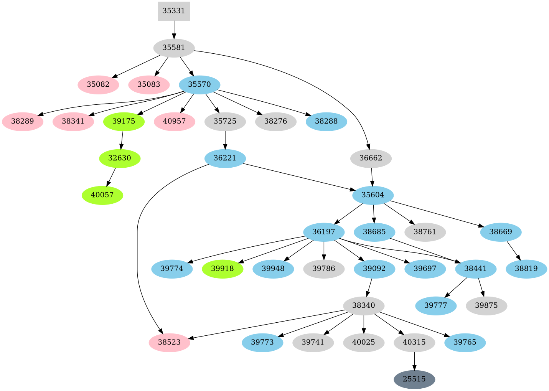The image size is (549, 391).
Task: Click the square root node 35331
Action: click(174, 11)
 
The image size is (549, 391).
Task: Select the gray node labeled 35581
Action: click(174, 48)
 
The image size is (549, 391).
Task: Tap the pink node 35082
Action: click(98, 85)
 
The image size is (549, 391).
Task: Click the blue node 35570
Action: click(199, 85)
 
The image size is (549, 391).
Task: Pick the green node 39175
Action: click(124, 122)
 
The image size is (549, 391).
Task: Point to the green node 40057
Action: click(102, 195)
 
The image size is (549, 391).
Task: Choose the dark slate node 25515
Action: click(414, 379)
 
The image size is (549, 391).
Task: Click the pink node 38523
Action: click(169, 343)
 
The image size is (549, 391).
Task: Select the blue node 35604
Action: click(373, 195)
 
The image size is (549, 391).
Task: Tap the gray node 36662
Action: click(371, 158)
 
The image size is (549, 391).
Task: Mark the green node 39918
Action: click(223, 269)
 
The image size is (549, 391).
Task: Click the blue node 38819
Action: click(526, 269)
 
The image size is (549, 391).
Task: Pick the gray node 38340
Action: click(364, 306)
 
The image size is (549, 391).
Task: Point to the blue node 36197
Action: click(324, 232)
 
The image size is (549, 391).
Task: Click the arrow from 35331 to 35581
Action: click(174, 30)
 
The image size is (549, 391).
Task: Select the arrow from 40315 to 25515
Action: click(414, 361)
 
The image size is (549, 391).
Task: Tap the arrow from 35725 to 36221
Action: click(225, 140)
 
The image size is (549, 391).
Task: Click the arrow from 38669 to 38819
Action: click(514, 251)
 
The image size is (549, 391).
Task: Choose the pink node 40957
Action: click(175, 122)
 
